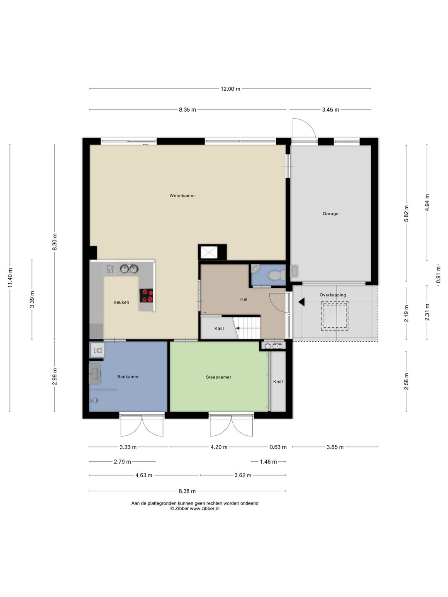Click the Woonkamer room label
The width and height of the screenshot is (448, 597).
coord(182,196)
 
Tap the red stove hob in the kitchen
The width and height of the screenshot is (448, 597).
coord(146,295)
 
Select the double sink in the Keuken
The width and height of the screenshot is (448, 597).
coord(129,269)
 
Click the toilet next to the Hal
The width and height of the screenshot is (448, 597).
coord(277,275)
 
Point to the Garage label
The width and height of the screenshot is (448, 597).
coord(331,214)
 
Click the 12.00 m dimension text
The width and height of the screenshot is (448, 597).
coord(230,89)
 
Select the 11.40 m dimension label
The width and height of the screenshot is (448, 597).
coord(10,277)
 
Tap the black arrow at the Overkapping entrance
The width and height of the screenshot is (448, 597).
coord(302,302)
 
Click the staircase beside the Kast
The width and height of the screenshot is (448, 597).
coord(247,328)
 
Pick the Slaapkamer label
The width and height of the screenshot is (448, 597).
coord(219,377)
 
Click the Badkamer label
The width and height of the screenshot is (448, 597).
coord(128,376)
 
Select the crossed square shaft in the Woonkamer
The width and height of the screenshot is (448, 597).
coord(209,252)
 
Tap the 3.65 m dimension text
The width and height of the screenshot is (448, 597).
coord(335,447)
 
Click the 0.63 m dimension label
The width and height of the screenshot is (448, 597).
coord(278,447)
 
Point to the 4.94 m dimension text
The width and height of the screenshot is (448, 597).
coord(427,202)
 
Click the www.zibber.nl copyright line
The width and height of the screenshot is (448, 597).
coord(195,508)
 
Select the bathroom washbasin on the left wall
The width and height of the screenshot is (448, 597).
coord(95,374)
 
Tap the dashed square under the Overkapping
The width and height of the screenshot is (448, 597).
coord(334,315)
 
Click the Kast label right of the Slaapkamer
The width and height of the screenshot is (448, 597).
coord(278,381)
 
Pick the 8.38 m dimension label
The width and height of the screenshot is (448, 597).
coord(187,491)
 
